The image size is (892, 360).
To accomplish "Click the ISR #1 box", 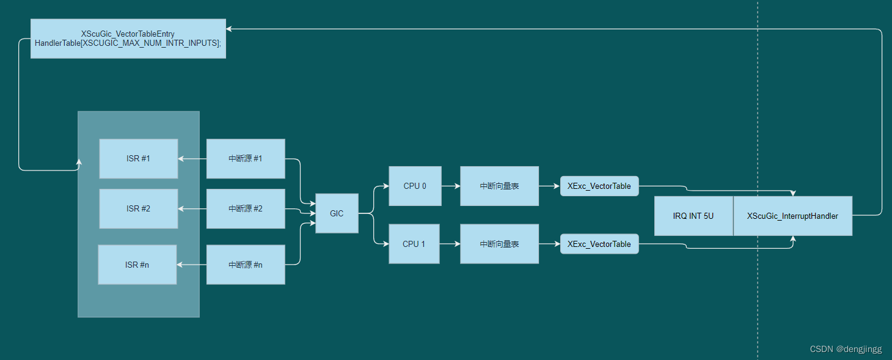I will point(139,158).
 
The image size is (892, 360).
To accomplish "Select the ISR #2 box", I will point(139,208).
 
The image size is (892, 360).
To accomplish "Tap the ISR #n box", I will point(137,265).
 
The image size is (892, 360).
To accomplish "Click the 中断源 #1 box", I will point(246,158).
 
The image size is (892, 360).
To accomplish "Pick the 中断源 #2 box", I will point(246,208).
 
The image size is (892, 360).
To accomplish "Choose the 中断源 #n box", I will point(246,265).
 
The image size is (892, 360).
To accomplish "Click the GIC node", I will point(337,213).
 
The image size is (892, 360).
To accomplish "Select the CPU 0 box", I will point(415,186).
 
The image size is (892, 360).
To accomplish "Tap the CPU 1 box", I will point(414,244).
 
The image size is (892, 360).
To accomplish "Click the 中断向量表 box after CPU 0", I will point(499,186).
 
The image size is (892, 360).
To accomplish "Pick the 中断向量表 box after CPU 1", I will point(499,244).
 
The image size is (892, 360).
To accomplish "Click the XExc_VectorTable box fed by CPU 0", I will point(599,186).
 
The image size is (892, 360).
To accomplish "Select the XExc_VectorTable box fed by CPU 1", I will point(599,244).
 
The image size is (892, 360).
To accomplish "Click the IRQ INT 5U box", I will point(693,216).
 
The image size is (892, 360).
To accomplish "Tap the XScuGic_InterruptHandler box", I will point(792,216).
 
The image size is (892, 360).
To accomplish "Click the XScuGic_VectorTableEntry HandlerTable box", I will point(128,39).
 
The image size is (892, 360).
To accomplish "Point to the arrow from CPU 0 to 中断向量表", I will point(450,186).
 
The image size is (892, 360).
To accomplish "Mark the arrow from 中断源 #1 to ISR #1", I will point(192,158).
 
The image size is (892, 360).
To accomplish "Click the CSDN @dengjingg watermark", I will point(846,349).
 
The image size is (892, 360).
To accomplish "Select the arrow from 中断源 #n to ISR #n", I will point(192,265).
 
